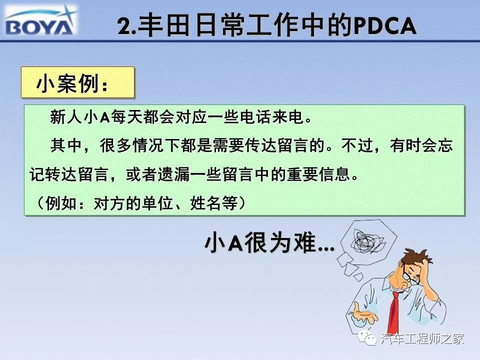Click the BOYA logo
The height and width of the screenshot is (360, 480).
click(40, 21)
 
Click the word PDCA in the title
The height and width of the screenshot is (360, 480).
click(385, 26)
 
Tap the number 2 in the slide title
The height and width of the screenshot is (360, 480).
click(124, 26)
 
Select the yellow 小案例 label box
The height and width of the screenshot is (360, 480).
click(78, 82)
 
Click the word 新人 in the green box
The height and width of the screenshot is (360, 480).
click(66, 117)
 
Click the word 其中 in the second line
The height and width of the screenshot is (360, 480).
click(66, 145)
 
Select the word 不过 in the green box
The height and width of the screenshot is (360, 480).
click(357, 145)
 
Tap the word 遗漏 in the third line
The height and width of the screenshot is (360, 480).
click(173, 174)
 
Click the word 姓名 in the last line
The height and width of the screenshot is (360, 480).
click(205, 202)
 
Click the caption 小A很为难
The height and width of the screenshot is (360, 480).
click(269, 243)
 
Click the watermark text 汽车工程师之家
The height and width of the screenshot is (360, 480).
click(422, 338)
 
